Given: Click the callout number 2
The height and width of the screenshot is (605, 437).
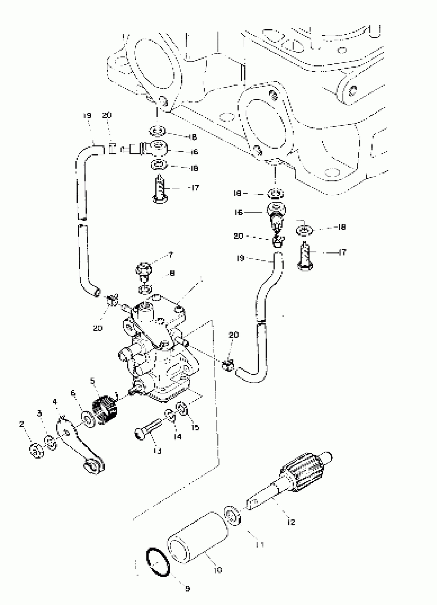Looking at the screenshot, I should [22, 424].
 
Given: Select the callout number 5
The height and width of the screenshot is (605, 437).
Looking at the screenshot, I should [93, 381].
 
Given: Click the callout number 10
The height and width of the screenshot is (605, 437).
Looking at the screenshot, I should [218, 570].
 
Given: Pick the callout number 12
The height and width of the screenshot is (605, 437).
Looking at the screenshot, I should [292, 522].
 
